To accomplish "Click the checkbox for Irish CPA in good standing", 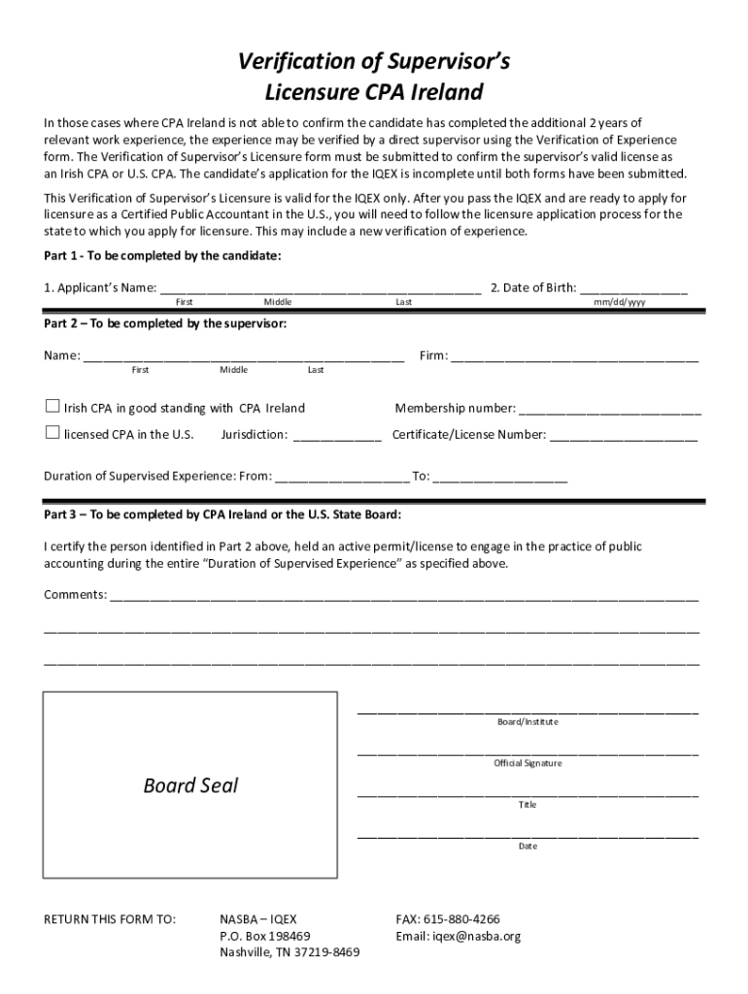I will click(52, 407).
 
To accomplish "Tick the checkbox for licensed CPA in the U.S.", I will click(52, 433).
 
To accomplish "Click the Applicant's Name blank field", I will click(321, 286).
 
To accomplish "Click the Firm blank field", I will click(574, 354).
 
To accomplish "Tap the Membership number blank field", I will click(610, 407).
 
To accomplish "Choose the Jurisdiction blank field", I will click(336, 434).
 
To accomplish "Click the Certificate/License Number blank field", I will click(624, 434).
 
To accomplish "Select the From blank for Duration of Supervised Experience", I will click(342, 476).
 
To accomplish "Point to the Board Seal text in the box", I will click(190, 785).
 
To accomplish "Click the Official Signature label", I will click(527, 764).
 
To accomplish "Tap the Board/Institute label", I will click(527, 722).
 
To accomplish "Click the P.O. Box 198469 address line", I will click(265, 936).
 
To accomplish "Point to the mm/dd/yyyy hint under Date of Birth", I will click(620, 302).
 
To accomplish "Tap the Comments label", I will click(75, 594).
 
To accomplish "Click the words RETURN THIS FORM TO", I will click(110, 918).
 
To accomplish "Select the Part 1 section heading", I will click(162, 255).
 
